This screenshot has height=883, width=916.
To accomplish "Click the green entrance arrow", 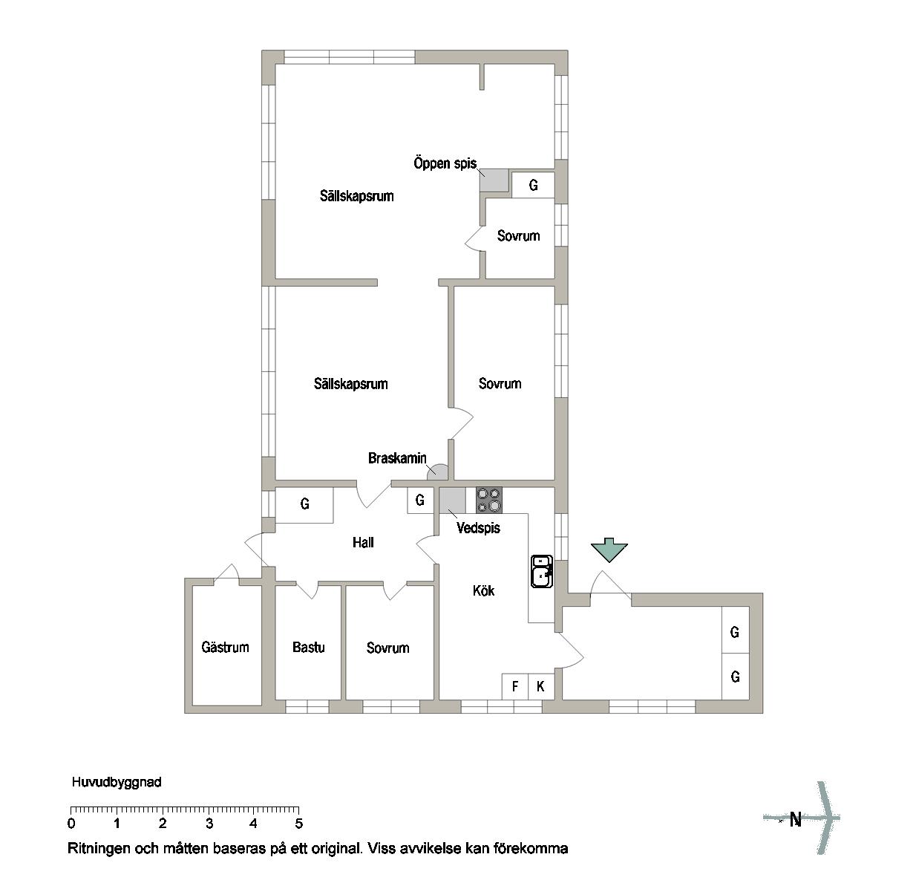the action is [x=609, y=550].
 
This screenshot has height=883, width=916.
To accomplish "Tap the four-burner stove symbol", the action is [x=488, y=500].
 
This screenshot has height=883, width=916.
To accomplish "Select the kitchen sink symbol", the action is [x=542, y=571].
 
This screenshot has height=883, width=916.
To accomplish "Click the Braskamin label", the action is [x=397, y=457].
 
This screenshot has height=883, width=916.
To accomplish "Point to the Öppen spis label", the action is [x=445, y=163].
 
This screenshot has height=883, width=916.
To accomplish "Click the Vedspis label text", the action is [x=478, y=528].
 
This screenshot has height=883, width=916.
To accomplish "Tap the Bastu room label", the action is [x=308, y=647].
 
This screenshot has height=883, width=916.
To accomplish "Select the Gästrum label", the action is [x=225, y=647].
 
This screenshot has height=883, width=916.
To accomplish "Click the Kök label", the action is [x=483, y=590].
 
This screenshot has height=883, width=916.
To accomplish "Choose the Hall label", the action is [x=363, y=543].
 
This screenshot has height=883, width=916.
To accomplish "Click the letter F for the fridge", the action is [x=515, y=686].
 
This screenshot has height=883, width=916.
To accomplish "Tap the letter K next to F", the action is [x=540, y=686].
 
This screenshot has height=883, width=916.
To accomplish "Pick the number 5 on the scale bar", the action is [x=299, y=824].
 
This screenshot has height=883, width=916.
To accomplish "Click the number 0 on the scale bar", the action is [x=71, y=824].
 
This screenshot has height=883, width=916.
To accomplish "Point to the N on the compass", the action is [x=796, y=820].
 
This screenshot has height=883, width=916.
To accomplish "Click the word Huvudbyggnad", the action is [x=117, y=782].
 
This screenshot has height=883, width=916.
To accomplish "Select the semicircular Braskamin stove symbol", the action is [x=437, y=472].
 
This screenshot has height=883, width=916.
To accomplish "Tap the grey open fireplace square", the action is [x=494, y=180].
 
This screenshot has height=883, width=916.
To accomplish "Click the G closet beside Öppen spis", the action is [x=533, y=185].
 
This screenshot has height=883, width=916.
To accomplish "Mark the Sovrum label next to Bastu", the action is [x=388, y=648].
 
